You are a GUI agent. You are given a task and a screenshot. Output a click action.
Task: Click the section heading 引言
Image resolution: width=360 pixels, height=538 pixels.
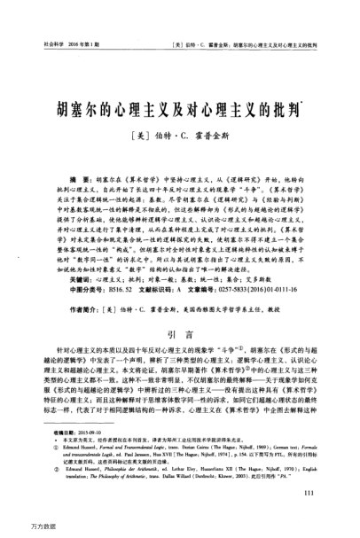coord(180,336)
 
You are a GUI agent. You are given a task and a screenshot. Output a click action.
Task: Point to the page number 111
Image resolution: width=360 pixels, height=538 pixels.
coord(333,492)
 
